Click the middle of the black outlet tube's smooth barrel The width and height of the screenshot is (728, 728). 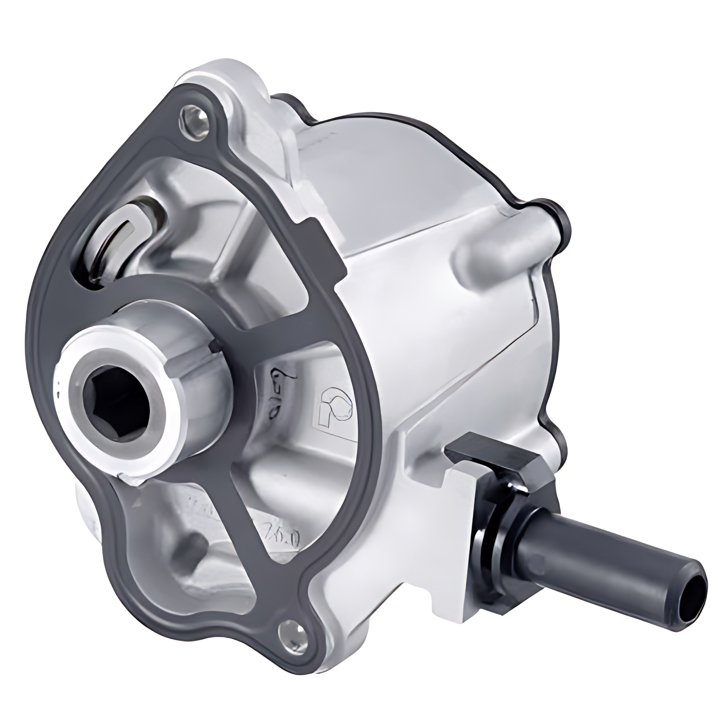click(x=624, y=563)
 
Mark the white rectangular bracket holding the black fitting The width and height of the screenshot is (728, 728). click(x=459, y=511)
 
